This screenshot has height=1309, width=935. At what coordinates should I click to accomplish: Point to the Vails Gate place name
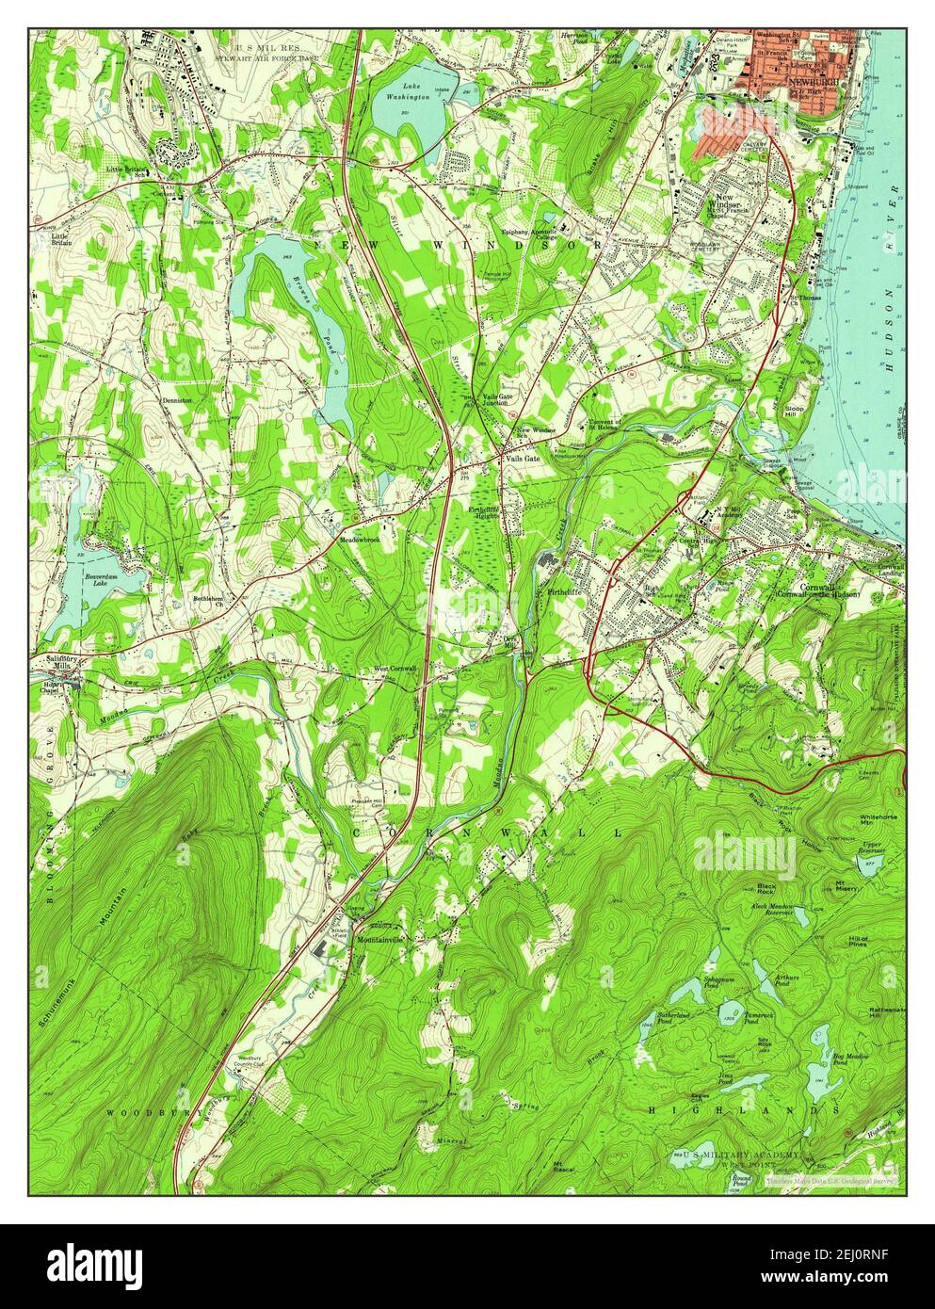(x=523, y=458)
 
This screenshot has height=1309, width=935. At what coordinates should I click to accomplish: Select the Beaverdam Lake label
(x=100, y=576)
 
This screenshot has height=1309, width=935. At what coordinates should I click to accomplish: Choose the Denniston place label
(x=176, y=399)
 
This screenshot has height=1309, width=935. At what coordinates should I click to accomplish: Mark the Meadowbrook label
(x=361, y=541)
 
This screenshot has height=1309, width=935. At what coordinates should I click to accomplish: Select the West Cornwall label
(x=395, y=670)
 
